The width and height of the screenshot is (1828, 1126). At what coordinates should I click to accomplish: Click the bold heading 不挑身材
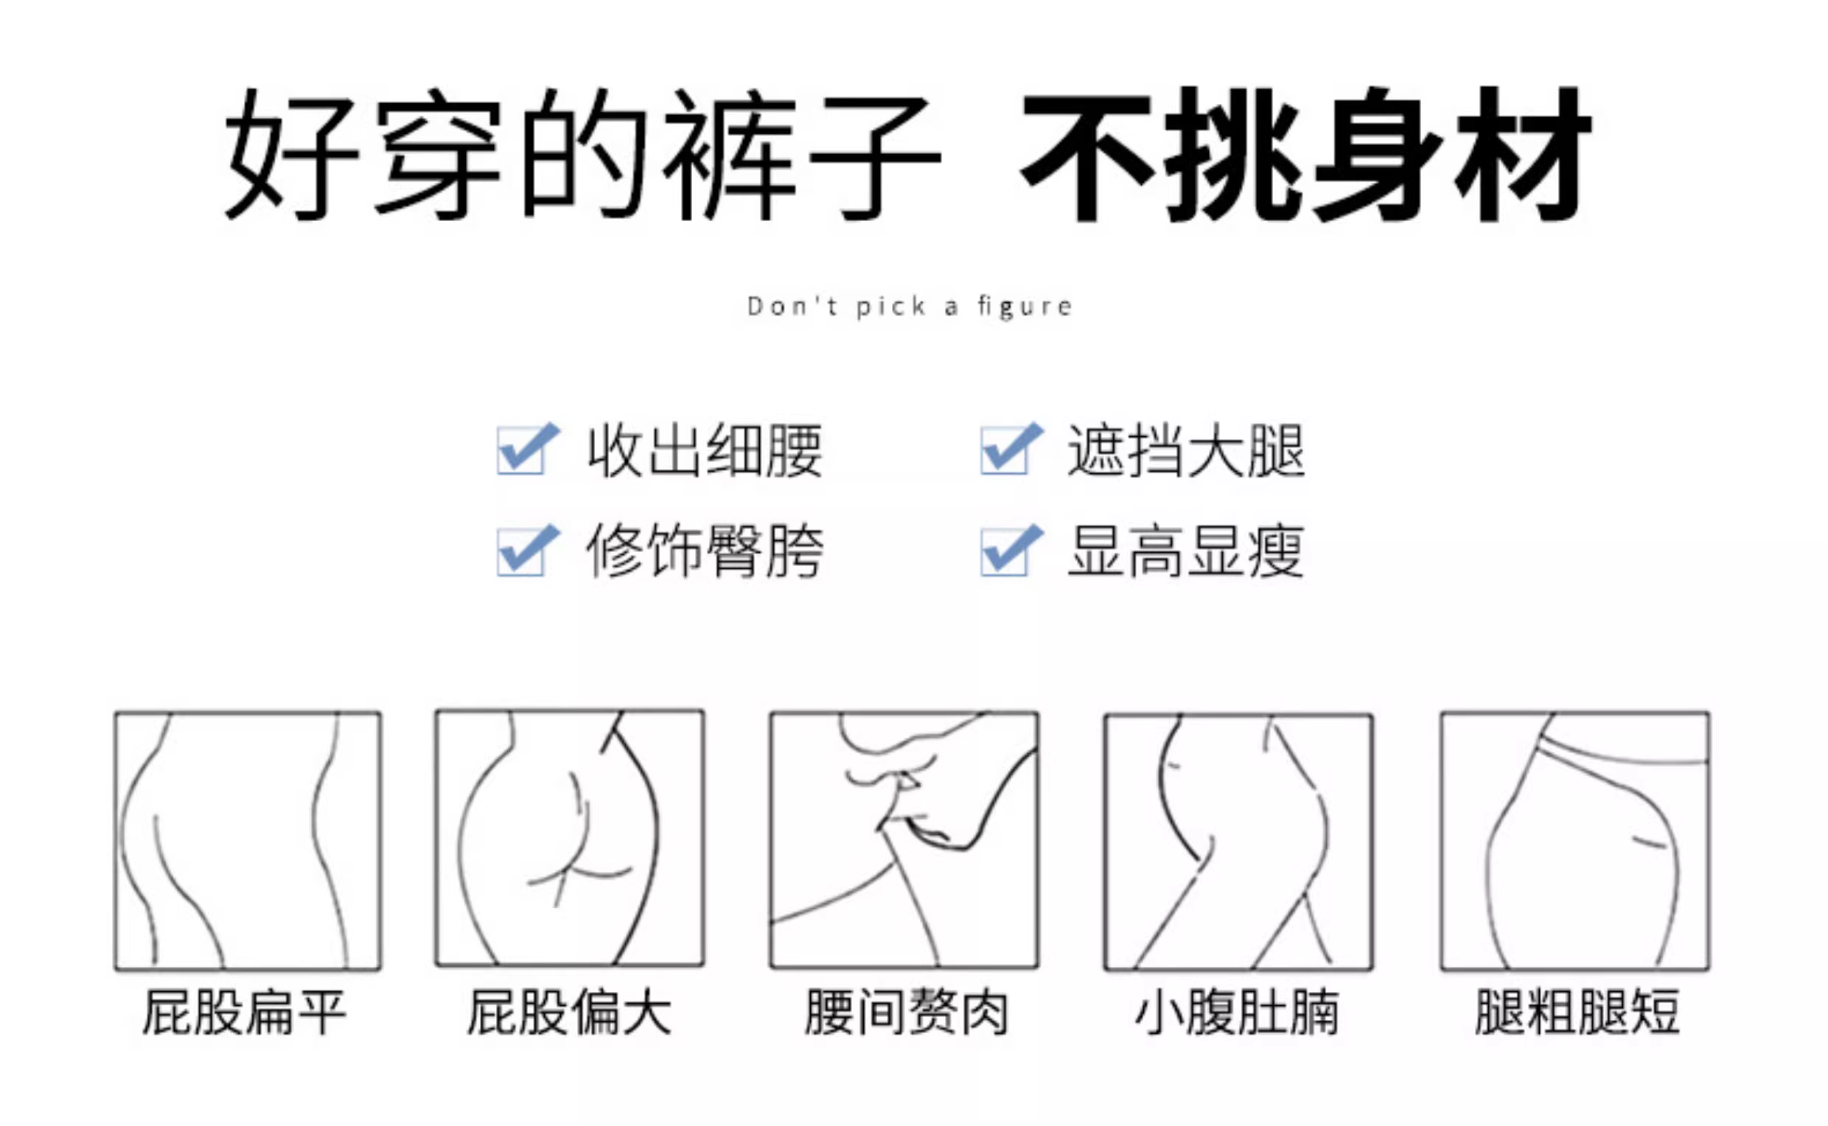1306,154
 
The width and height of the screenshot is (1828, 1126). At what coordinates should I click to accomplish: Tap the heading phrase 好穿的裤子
583,154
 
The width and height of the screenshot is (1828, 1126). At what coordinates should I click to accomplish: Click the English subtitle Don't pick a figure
910,306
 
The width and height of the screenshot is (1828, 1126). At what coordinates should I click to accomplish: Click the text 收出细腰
705,450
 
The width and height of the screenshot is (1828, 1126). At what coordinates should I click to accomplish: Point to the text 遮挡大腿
1186,450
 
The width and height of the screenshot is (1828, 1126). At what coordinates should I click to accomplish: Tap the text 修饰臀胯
705,551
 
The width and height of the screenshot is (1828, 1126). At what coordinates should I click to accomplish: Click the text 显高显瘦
1186,551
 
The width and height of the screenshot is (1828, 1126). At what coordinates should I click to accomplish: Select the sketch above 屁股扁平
248,842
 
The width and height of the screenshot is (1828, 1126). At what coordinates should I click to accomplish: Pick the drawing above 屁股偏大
570,839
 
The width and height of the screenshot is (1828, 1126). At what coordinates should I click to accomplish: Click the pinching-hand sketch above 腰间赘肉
904,840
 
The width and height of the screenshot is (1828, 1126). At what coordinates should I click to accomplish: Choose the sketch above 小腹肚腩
1239,842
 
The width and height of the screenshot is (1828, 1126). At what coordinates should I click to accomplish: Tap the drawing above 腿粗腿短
1575,842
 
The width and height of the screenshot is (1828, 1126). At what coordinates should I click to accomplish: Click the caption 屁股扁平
244,1013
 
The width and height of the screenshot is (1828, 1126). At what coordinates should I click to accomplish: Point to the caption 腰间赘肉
906,1013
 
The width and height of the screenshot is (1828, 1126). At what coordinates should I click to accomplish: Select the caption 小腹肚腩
1238,1013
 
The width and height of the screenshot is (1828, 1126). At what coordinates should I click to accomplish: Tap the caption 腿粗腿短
1577,1013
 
